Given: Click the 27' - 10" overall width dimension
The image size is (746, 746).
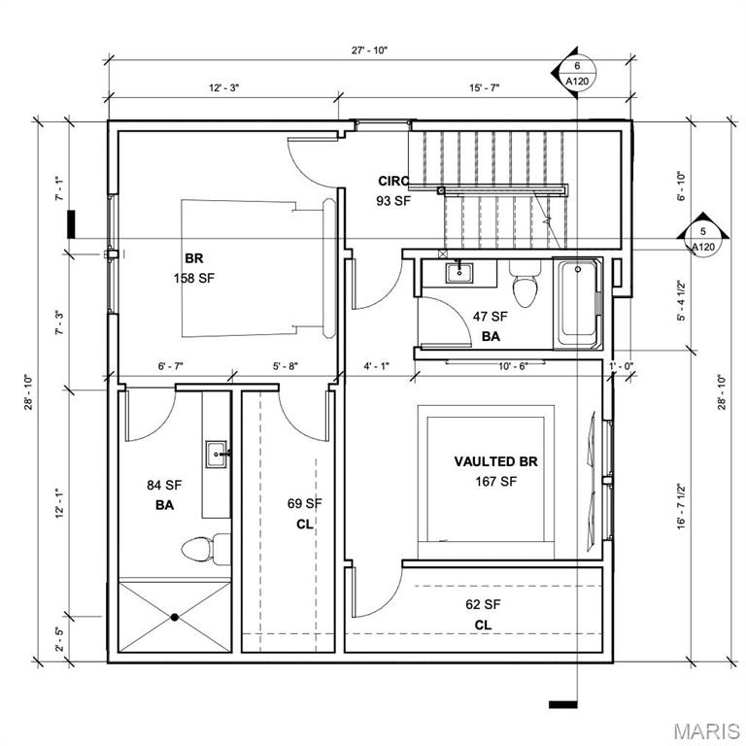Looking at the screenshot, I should pyautogui.click(x=371, y=51).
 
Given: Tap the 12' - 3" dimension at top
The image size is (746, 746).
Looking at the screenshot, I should pyautogui.click(x=223, y=87).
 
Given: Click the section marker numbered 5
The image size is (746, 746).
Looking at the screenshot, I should pyautogui.click(x=702, y=239).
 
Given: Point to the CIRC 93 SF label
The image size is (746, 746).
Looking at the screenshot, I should pyautogui.click(x=393, y=190).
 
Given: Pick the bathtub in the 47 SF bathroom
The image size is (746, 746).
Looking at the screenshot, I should pyautogui.click(x=578, y=302).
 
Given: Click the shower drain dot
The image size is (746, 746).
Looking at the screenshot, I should pyautogui.click(x=175, y=617).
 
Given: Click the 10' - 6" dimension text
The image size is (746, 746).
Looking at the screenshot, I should pyautogui.click(x=512, y=366).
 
